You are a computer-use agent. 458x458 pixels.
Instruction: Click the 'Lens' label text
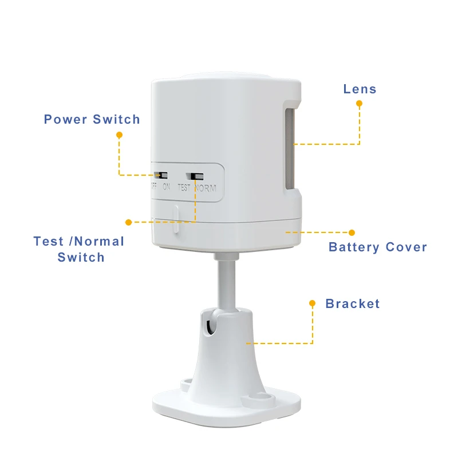(360, 89)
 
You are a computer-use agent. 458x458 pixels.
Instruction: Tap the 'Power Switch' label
(92, 120)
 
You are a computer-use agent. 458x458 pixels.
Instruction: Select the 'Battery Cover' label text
(378, 247)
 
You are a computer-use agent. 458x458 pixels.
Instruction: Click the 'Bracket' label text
(353, 303)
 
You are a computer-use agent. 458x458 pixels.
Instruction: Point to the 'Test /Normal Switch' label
(79, 249)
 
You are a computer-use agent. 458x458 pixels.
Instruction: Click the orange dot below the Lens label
(360, 104)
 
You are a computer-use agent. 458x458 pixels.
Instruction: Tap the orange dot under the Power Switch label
(119, 135)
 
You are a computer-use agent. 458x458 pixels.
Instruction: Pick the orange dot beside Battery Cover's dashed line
(352, 232)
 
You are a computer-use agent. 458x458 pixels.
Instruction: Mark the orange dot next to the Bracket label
(313, 303)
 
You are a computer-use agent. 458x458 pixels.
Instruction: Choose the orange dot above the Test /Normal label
(128, 222)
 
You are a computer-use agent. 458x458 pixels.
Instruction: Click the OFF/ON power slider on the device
(162, 175)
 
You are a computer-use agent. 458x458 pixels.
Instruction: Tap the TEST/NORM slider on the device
(197, 176)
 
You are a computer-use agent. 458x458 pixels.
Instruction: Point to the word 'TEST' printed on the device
(184, 187)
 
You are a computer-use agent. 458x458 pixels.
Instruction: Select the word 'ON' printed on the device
(166, 187)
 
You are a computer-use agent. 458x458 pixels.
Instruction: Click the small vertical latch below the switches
(176, 219)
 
